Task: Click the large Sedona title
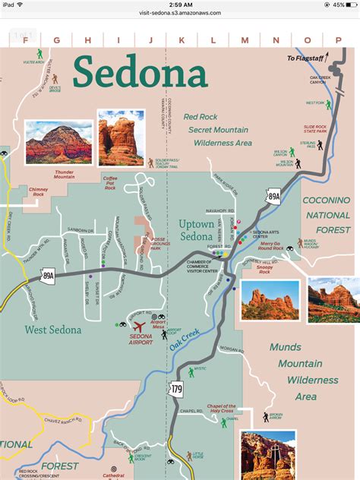[x=140, y=73]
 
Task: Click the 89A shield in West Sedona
[x=49, y=275]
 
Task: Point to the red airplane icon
[x=140, y=327]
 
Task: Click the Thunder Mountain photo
[x=56, y=142]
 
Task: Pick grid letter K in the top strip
[x=182, y=39]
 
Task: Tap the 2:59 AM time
[x=180, y=5]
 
